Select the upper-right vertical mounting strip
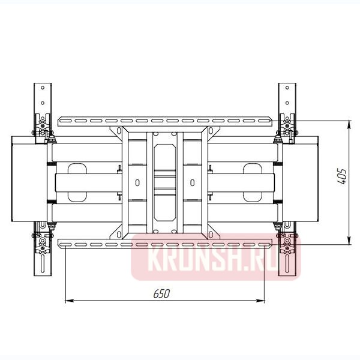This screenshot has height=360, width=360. [287, 99]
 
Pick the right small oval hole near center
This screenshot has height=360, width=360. [192, 182]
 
